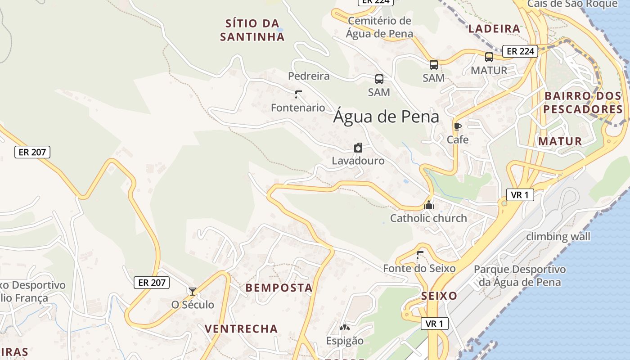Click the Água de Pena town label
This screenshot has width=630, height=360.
point(386,117)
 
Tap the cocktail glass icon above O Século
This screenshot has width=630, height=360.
point(193,292)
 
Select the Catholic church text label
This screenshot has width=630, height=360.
point(428,219)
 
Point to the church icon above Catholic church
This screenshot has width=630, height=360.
point(429,205)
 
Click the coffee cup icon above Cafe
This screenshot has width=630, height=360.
point(458,126)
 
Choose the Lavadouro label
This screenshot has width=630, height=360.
point(358,161)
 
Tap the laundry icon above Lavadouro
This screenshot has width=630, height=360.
point(358,148)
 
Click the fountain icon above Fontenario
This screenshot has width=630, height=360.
point(298,94)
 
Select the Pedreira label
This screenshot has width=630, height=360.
point(309,76)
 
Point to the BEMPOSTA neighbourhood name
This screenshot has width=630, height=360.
point(279,288)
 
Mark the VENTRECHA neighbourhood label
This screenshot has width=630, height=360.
point(241,329)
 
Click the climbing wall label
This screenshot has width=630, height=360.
point(558,236)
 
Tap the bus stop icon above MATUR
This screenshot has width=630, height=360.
point(489,57)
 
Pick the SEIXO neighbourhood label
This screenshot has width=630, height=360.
point(439,296)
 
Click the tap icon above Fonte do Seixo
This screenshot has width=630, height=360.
point(420,255)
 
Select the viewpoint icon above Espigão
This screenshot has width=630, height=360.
point(345,328)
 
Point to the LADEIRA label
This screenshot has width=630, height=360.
point(494,29)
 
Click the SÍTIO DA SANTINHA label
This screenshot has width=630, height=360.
point(252,30)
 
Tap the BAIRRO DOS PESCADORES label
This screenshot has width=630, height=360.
point(583,103)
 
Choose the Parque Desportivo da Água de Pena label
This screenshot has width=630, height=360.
point(520,276)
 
